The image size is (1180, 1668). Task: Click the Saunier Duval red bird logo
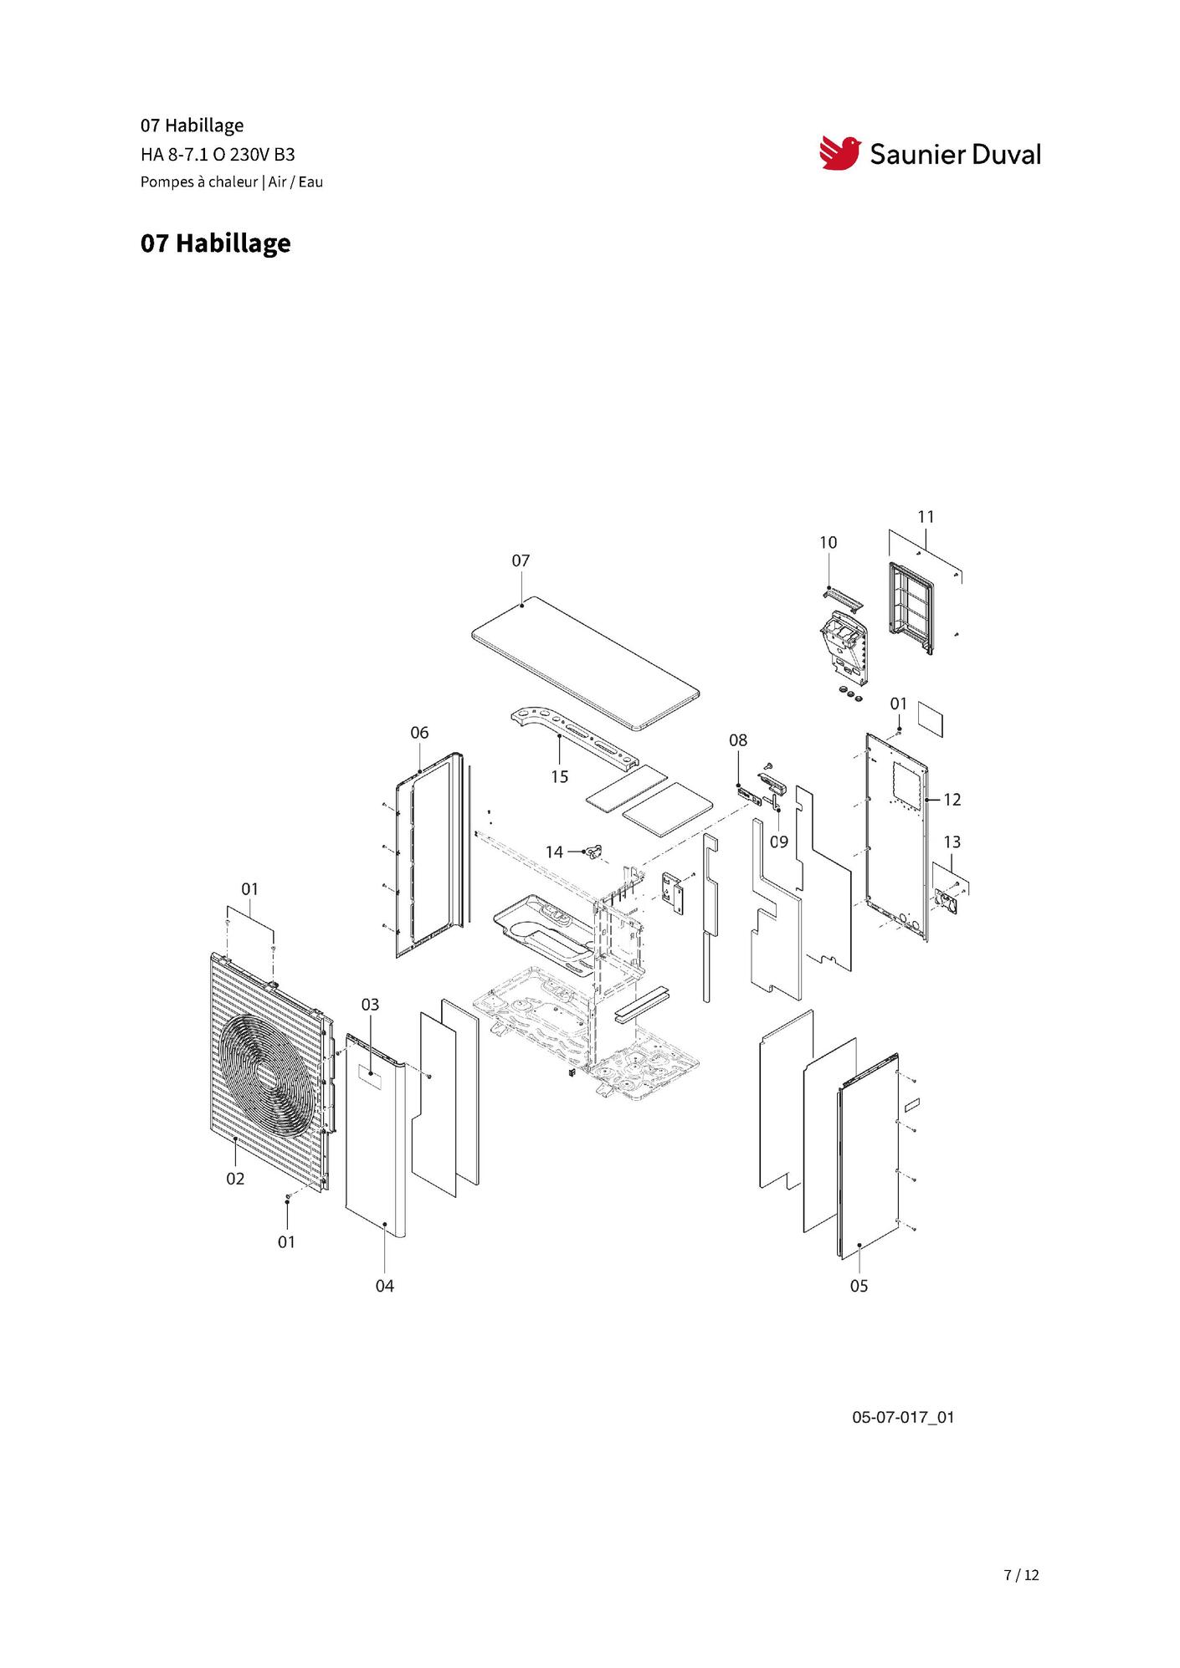pos(839,153)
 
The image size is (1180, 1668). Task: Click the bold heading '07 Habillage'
pos(216,243)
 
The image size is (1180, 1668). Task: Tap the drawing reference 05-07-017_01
pos(903,1417)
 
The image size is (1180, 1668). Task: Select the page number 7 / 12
pos(1021,1575)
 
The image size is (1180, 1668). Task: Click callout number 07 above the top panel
pos(521,560)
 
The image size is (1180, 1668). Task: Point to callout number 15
pos(559,777)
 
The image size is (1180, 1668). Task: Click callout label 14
pos(554,852)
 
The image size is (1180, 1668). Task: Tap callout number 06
pos(419,733)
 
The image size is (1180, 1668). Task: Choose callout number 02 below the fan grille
pos(235,1179)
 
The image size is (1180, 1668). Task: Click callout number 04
pos(384,1286)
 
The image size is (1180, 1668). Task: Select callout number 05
pos(859,1286)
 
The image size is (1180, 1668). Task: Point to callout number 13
pos(952,842)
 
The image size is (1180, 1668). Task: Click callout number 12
pos(952,800)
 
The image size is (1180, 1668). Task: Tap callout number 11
pos(926,517)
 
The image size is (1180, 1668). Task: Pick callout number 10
pos(828,543)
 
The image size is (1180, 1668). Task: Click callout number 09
pos(779,842)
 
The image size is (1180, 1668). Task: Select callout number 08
pos(737,740)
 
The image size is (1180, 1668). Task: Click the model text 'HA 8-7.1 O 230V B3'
pos(218,155)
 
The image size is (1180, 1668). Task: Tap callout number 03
pos(370,1004)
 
